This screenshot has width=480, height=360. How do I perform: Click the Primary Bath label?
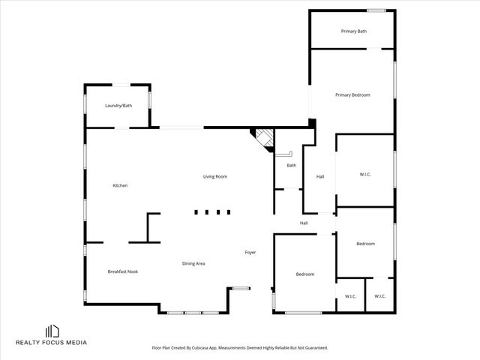[353, 31]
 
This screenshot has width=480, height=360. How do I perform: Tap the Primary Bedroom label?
[352, 94]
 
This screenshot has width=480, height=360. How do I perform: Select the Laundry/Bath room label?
[118, 106]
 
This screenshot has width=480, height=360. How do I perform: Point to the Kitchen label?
[120, 185]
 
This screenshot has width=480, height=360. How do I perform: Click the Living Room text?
[215, 176]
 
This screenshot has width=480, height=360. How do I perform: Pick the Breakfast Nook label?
[122, 271]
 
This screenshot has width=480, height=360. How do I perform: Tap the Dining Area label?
[193, 263]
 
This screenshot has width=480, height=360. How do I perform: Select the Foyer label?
[250, 252]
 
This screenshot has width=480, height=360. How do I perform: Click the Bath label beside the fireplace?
[291, 165]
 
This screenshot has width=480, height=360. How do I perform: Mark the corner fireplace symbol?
[262, 138]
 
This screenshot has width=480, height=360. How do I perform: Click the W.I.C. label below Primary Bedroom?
[365, 175]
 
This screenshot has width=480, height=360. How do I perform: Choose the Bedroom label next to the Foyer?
[305, 274]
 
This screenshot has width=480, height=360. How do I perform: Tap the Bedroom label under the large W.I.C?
[365, 244]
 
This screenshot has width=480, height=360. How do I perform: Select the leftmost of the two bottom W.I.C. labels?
[350, 296]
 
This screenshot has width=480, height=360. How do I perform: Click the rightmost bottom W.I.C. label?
[379, 296]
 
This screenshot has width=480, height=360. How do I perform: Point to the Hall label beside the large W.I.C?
[320, 176]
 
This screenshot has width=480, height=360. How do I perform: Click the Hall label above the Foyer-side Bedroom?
[304, 223]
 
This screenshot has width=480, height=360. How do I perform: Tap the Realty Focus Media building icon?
[52, 331]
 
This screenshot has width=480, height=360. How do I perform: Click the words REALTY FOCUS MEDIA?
[52, 343]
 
